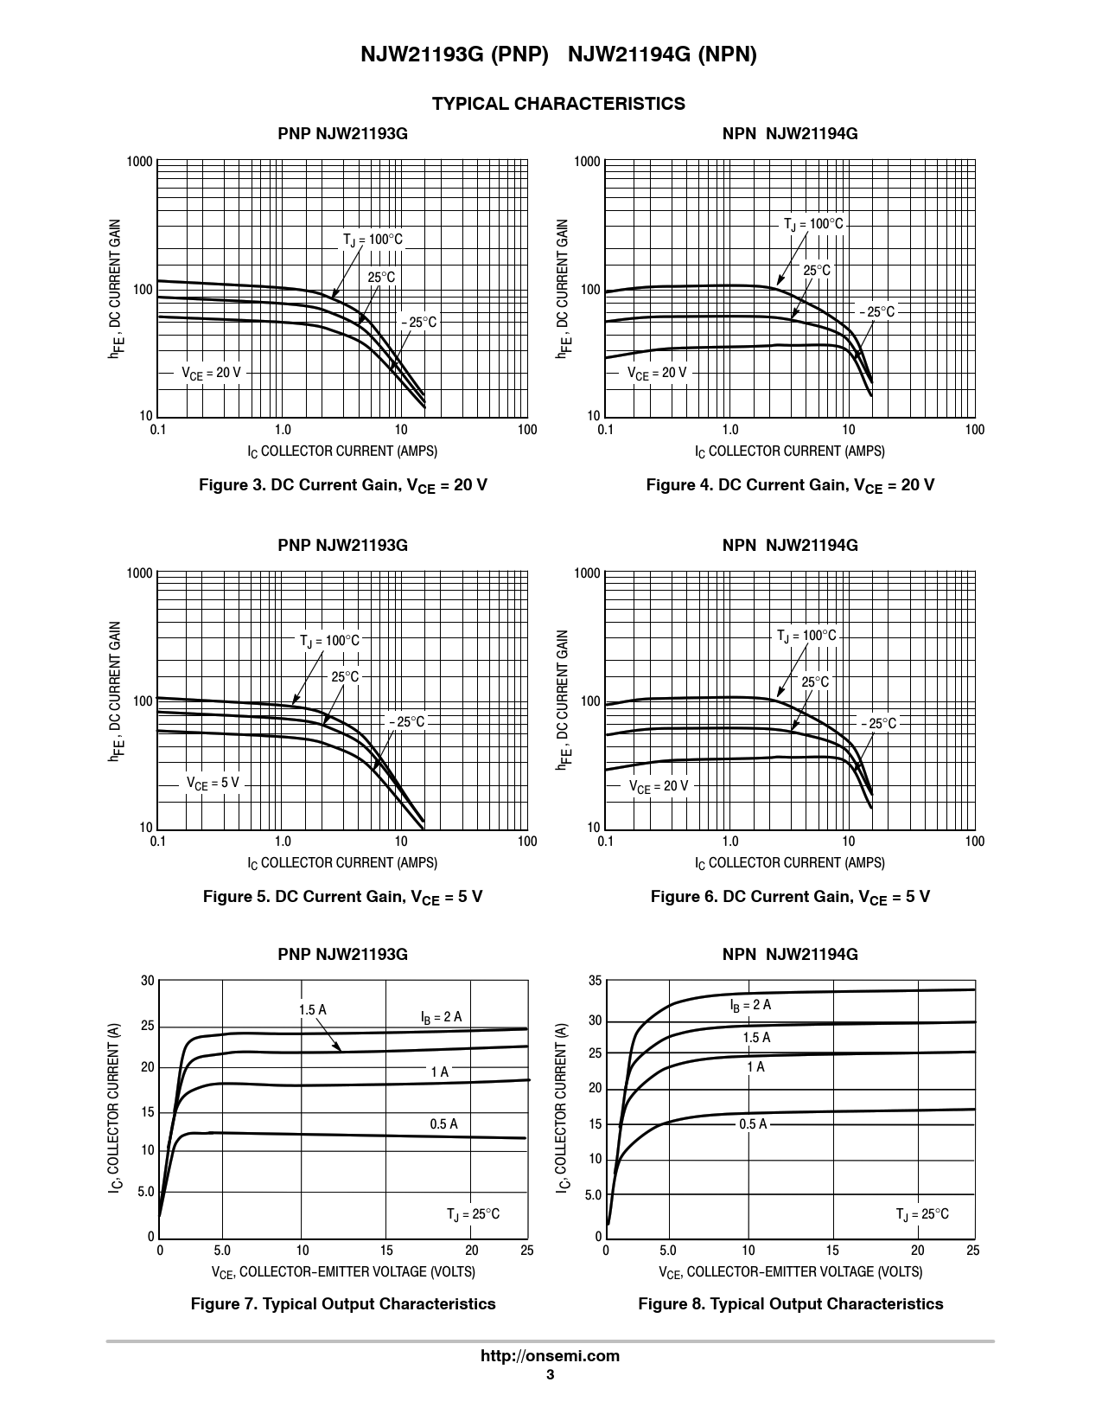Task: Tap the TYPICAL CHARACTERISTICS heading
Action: point(558,104)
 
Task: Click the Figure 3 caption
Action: point(343,485)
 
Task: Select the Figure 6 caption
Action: point(790,897)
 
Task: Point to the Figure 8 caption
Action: point(790,1303)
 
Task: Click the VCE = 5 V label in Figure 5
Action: point(213,783)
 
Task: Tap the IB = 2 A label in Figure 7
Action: point(441,1017)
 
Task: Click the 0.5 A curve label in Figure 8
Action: point(753,1124)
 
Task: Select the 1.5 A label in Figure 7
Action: point(312,1010)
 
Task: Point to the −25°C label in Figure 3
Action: point(418,323)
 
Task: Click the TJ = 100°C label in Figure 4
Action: point(812,225)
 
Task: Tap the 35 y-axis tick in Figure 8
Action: point(595,981)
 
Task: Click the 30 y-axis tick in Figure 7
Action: point(148,981)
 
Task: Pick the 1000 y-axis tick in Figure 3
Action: point(139,162)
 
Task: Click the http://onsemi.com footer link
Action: point(550,1356)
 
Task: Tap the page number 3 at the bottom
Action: point(550,1376)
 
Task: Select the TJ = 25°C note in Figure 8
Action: point(922,1214)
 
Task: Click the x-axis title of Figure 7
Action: point(343,1271)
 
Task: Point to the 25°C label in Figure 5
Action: point(344,677)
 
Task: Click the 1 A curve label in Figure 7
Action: point(439,1072)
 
